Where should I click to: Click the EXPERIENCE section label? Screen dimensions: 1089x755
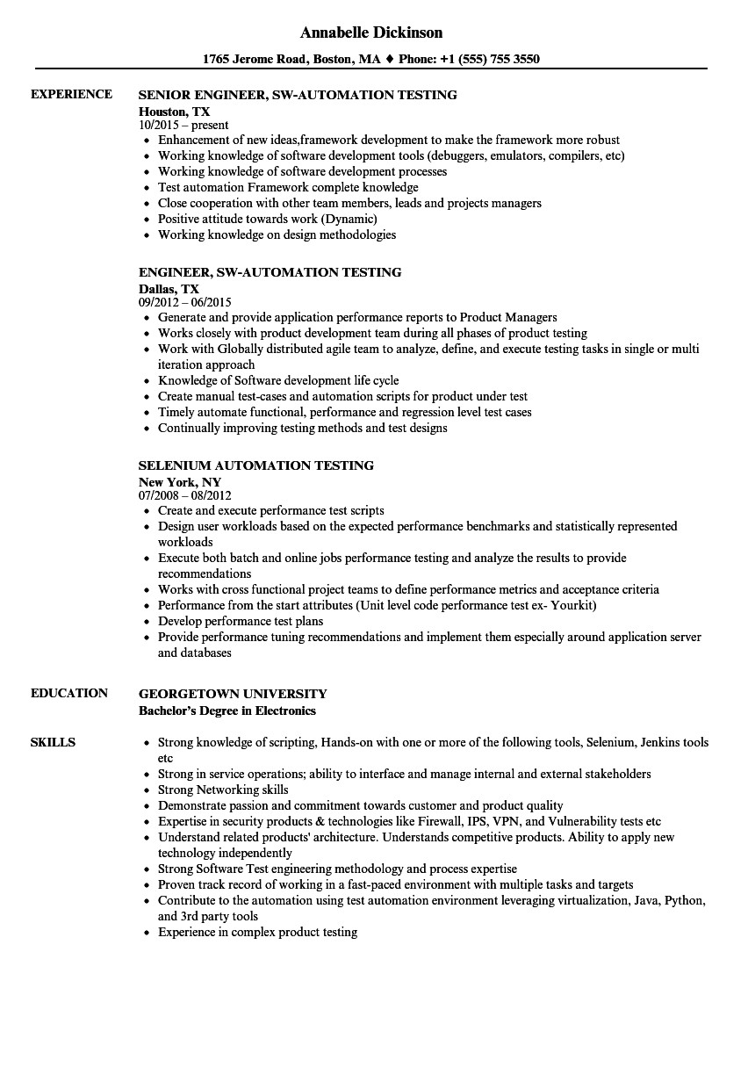click(71, 94)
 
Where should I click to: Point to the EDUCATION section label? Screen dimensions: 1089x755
click(68, 693)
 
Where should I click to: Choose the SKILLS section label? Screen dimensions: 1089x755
click(53, 742)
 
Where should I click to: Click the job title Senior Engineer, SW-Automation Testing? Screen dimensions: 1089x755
click(298, 95)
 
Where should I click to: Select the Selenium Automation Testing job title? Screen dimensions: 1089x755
click(256, 465)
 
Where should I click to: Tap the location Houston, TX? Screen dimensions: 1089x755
click(174, 111)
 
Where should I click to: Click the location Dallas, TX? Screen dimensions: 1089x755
click(169, 288)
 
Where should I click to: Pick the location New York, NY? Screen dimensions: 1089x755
click(179, 481)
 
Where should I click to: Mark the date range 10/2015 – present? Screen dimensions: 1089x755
click(183, 126)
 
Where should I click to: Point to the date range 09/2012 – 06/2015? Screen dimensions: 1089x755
click(184, 302)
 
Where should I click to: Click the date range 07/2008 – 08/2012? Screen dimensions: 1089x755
click(184, 495)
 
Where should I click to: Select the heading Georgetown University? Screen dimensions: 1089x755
click(233, 694)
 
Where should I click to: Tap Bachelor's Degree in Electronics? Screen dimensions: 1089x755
click(226, 710)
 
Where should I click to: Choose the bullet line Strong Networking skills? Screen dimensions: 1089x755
click(223, 790)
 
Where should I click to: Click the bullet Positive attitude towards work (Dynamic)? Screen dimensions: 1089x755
click(267, 219)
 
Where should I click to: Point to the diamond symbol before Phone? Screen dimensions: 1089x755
click(389, 60)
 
